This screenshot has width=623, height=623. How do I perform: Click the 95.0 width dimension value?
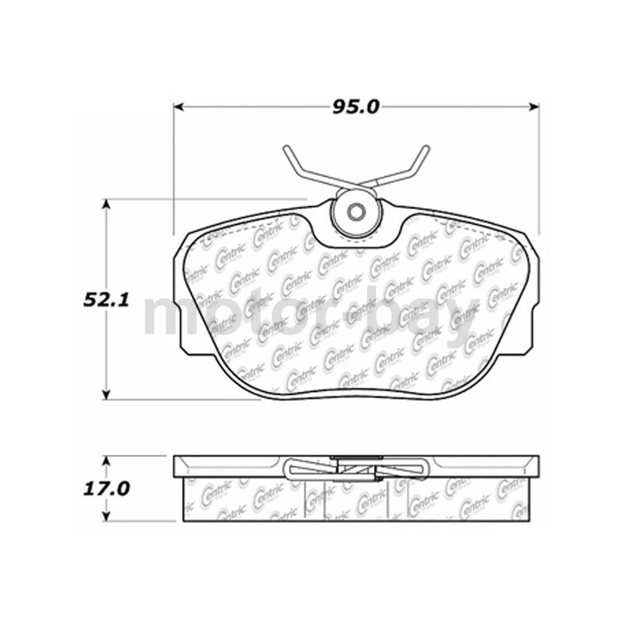click(x=356, y=106)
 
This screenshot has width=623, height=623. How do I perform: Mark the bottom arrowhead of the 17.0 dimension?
click(x=108, y=518)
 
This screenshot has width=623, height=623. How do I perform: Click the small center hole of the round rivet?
click(x=355, y=212)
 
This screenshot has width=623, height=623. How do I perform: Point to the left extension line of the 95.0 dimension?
click(x=173, y=169)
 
